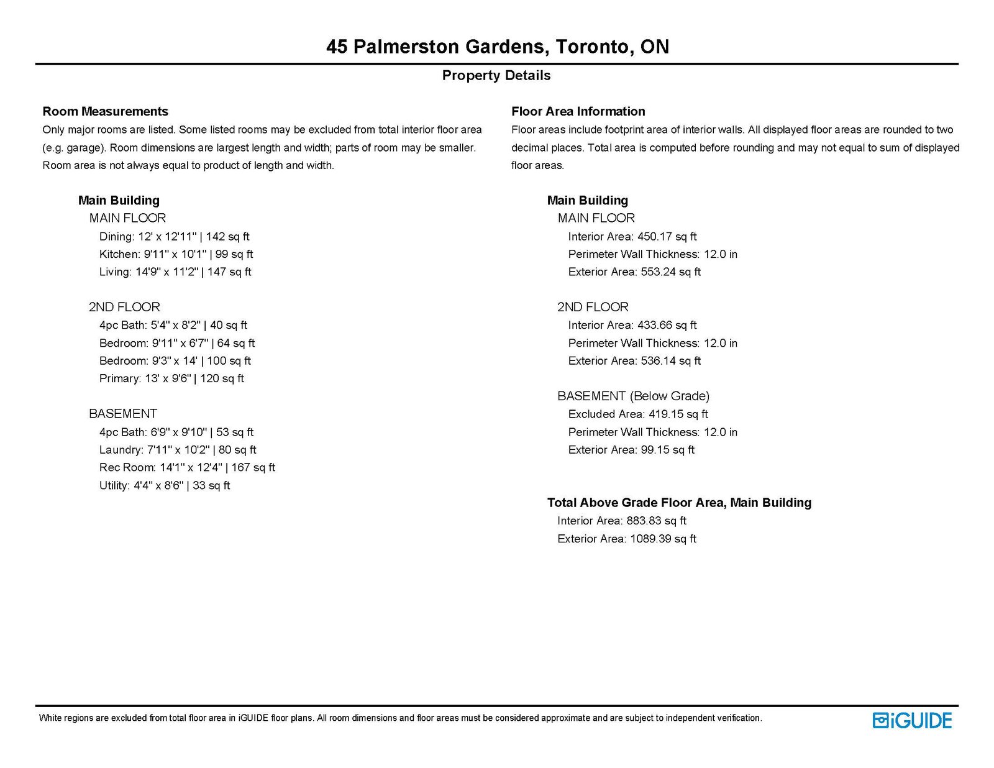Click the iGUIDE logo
pyautogui.click(x=912, y=720)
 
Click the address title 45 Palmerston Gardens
pyautogui.click(x=497, y=47)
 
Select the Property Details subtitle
pyautogui.click(x=496, y=76)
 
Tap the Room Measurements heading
pyautogui.click(x=105, y=111)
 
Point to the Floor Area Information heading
pyautogui.click(x=578, y=111)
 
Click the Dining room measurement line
pyautogui.click(x=174, y=236)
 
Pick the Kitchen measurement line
pyautogui.click(x=176, y=254)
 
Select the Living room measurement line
pyautogui.click(x=175, y=272)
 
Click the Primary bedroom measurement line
pyautogui.click(x=171, y=378)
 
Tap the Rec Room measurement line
pyautogui.click(x=187, y=467)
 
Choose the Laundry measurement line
pyautogui.click(x=178, y=449)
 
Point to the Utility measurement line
pyautogui.click(x=165, y=485)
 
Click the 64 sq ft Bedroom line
pyautogui.click(x=177, y=343)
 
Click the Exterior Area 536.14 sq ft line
pyautogui.click(x=634, y=360)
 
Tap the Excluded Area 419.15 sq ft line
pyautogui.click(x=638, y=414)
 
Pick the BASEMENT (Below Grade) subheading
pyautogui.click(x=633, y=396)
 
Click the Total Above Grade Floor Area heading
pyautogui.click(x=679, y=503)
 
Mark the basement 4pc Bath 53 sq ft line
pyautogui.click(x=176, y=432)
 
